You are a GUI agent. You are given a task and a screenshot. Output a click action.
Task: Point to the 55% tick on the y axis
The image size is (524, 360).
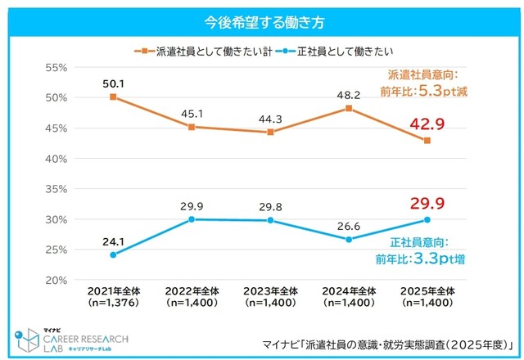pos(54,67)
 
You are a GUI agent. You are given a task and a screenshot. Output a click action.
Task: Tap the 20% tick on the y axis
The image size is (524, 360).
pos(54,280)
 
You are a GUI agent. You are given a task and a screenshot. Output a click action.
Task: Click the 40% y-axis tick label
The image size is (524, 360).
pos(54,158)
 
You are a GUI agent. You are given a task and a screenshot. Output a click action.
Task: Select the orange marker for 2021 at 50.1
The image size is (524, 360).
pos(113,97)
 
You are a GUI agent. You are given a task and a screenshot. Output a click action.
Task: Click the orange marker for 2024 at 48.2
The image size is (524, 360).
pos(349,108)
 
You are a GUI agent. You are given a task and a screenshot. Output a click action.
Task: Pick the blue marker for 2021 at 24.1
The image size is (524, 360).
pos(113,254)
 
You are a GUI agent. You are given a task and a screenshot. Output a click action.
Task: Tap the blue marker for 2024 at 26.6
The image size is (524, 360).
pos(349,240)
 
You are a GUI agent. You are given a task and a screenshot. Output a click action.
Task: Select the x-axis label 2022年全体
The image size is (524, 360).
pos(192,291)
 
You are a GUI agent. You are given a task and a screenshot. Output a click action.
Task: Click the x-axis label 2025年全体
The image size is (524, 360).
pos(427,291)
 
